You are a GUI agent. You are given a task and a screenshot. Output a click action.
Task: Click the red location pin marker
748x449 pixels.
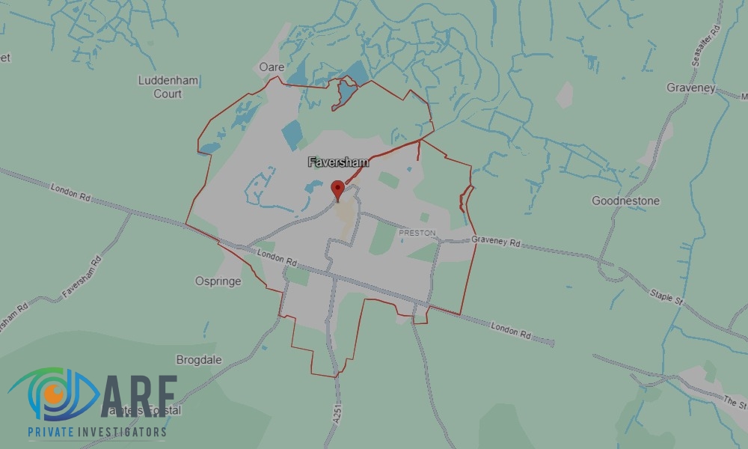point(337,189)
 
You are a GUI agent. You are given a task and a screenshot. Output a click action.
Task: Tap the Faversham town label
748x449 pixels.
point(338,162)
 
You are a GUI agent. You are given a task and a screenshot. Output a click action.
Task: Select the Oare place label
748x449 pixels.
point(272,67)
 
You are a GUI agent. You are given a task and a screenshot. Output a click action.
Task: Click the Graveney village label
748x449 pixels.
point(690,88)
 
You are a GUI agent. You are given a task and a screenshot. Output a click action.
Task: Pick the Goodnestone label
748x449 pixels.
point(625,201)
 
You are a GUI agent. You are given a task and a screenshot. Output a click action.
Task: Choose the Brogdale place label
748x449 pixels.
point(199,360)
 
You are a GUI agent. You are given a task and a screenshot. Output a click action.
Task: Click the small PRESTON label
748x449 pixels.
point(417,233)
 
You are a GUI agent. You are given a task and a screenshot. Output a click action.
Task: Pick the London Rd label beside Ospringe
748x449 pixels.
point(278,259)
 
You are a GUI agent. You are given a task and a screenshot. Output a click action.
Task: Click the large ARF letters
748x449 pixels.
point(139,395)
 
